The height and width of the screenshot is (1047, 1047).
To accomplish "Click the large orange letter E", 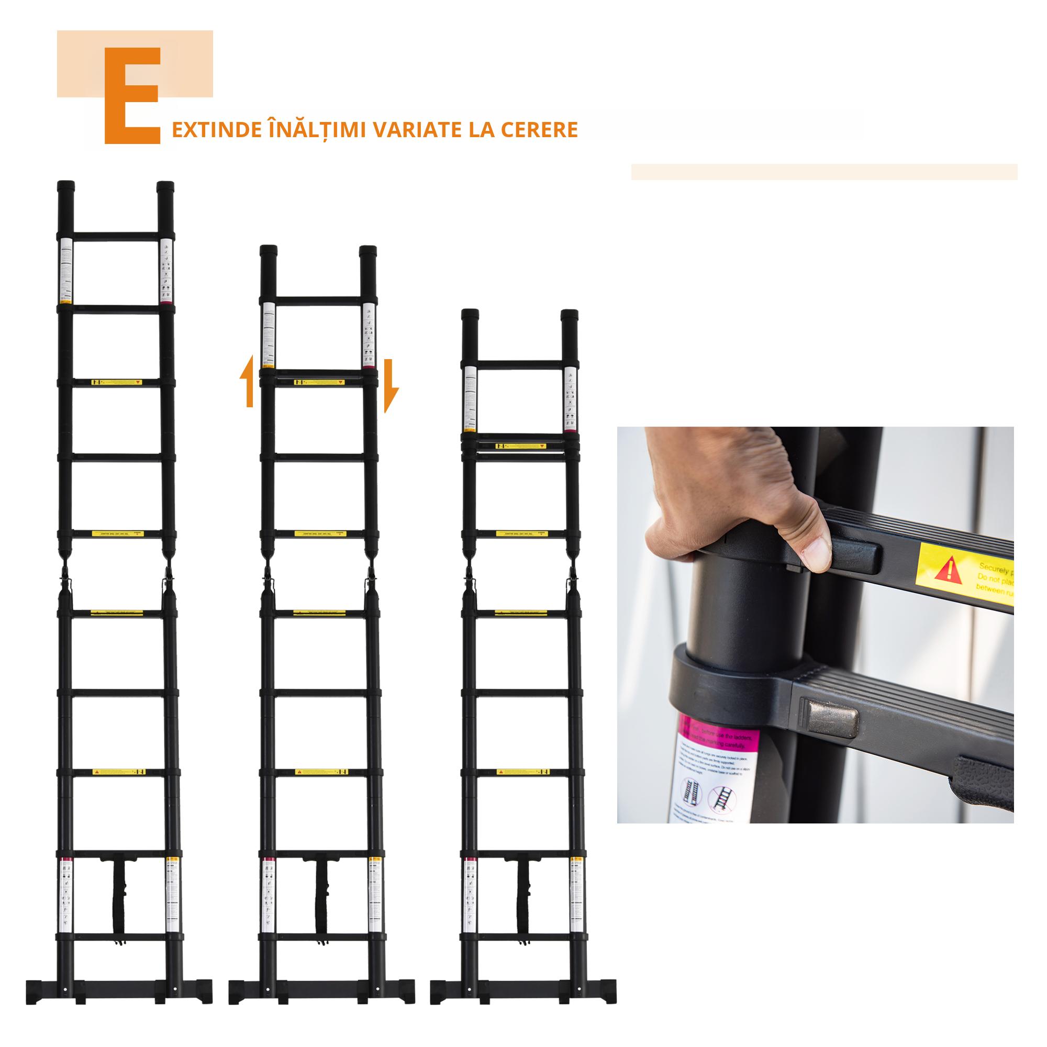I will [x=132, y=95].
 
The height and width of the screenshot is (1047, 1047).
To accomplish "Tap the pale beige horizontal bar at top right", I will [x=823, y=172].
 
